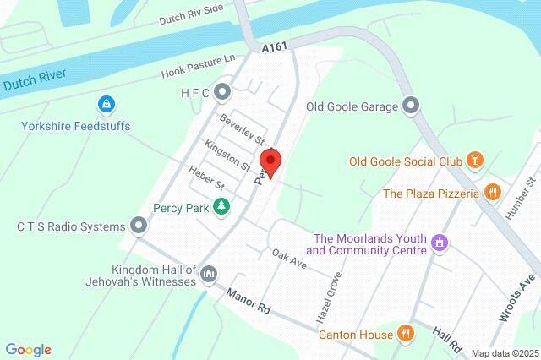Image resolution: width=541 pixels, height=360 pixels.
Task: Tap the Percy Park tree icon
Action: pos(221,205)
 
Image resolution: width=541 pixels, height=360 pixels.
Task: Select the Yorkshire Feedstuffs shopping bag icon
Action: pos(106,106)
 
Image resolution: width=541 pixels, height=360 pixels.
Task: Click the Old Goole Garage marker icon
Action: pos(411,106)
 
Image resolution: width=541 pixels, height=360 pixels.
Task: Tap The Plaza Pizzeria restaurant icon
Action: pos(492,194)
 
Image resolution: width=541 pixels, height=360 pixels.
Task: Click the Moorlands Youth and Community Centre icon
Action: pos(439,243)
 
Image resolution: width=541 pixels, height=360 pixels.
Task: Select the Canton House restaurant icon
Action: pos(406,335)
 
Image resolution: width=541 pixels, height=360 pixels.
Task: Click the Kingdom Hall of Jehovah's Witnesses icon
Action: pos(210,274)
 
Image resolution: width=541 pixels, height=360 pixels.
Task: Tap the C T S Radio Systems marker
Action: pos(139,226)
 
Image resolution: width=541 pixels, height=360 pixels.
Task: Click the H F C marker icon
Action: pos(222,90)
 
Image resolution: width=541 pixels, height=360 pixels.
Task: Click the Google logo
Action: pos(28,350)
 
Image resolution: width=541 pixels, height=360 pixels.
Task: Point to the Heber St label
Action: pos(207,179)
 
